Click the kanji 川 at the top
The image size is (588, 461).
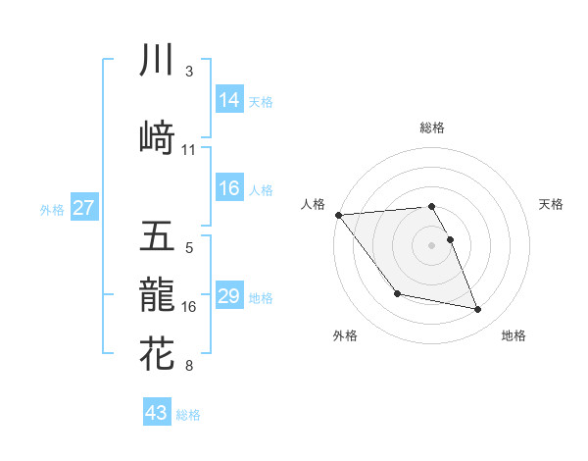pyautogui.click(x=157, y=61)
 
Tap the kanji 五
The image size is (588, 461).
pyautogui.click(x=157, y=235)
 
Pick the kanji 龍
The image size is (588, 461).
pyautogui.click(x=157, y=293)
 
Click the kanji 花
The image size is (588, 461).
pyautogui.click(x=157, y=352)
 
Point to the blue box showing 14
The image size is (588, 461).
pyautogui.click(x=229, y=99)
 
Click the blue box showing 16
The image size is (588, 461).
pyautogui.click(x=229, y=188)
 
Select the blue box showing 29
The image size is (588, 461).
pyautogui.click(x=229, y=296)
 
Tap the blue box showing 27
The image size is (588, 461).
pyautogui.click(x=83, y=207)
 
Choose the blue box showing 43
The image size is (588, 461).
pyautogui.click(x=157, y=413)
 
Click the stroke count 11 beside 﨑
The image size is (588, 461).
pyautogui.click(x=189, y=150)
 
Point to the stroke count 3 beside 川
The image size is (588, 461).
pyautogui.click(x=189, y=72)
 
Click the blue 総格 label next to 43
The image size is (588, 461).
pyautogui.click(x=189, y=415)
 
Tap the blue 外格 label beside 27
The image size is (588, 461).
pyautogui.click(x=52, y=209)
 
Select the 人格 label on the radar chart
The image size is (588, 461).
pyautogui.click(x=314, y=204)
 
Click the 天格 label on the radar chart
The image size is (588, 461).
pyautogui.click(x=551, y=204)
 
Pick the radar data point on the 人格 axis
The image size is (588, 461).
pyautogui.click(x=338, y=215)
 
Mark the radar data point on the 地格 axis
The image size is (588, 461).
pyautogui.click(x=478, y=310)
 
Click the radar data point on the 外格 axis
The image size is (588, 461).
pyautogui.click(x=397, y=293)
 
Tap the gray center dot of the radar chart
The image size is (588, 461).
pyautogui.click(x=431, y=245)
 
